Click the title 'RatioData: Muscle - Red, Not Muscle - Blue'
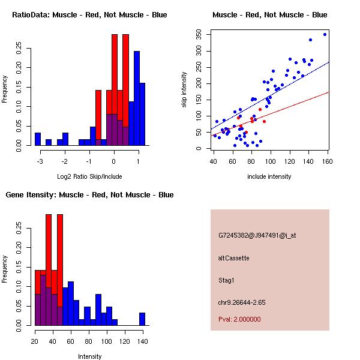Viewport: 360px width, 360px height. tap(89, 14)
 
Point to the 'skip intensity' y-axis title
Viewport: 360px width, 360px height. tap(185, 90)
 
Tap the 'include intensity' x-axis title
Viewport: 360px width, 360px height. tap(270, 176)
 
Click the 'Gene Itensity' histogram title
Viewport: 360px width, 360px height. tap(89, 195)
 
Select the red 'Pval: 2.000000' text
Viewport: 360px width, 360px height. tap(239, 319)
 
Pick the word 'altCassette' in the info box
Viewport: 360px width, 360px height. tap(233, 258)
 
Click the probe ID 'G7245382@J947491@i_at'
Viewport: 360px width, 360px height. tap(257, 235)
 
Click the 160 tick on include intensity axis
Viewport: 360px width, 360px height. tap(328, 161)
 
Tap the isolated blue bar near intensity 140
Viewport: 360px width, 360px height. tap(142, 319)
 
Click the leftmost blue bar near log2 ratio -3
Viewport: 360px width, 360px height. tap(38, 139)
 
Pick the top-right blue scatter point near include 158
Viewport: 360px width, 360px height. tap(325, 34)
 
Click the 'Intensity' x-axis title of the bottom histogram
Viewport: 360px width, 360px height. tap(89, 356)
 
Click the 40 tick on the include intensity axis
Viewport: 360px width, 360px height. tap(214, 161)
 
